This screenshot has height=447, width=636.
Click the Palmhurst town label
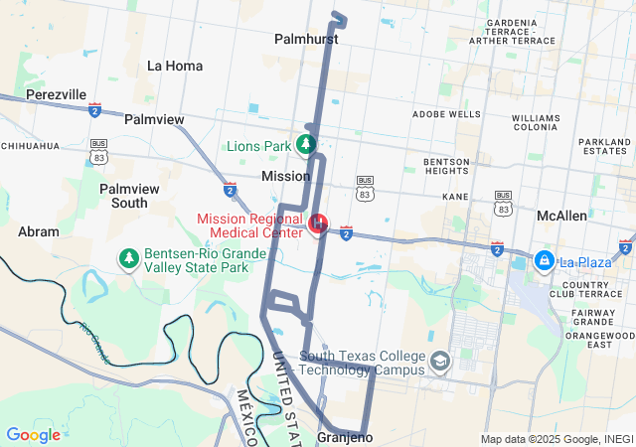click(306, 40)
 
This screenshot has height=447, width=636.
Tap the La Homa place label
click(175, 66)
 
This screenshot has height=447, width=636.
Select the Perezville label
click(57, 94)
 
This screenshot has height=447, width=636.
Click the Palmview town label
click(154, 119)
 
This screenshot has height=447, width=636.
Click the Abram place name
click(39, 231)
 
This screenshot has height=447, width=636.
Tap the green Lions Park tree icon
click(307, 145)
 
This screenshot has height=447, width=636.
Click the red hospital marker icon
click(319, 223)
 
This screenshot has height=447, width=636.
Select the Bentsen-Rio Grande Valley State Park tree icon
click(128, 259)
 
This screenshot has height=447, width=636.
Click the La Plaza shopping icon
click(544, 260)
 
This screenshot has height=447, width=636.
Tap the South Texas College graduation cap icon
click(438, 362)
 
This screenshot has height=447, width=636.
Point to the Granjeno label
click(344, 437)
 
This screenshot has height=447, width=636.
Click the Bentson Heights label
click(446, 167)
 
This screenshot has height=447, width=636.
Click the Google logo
click(33, 435)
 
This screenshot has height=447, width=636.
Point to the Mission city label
click(285, 176)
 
